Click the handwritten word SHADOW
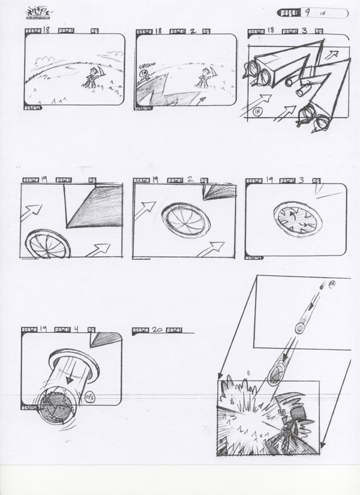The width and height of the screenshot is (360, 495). [x=147, y=65]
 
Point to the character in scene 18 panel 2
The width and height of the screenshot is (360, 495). [x=204, y=79]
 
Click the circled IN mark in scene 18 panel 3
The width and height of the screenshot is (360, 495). [x=259, y=110]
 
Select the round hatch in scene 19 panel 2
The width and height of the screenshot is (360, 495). [x=187, y=220]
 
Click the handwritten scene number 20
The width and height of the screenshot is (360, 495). [x=158, y=329]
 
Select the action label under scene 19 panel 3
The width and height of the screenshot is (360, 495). [x=254, y=258]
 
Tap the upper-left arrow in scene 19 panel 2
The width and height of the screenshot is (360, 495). [x=145, y=210]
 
